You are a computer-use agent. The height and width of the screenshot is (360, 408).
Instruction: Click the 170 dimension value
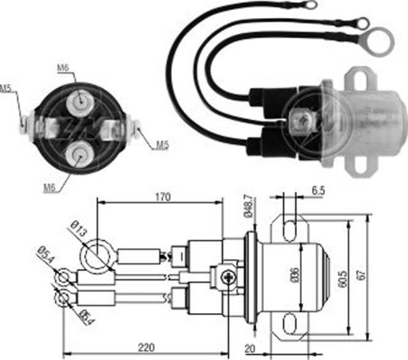[163, 198]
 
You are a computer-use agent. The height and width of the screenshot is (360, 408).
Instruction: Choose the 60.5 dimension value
[343, 278]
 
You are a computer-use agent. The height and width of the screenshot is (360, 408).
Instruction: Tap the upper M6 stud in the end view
[80, 101]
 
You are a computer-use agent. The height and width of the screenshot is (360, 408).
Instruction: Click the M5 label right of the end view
[163, 146]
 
